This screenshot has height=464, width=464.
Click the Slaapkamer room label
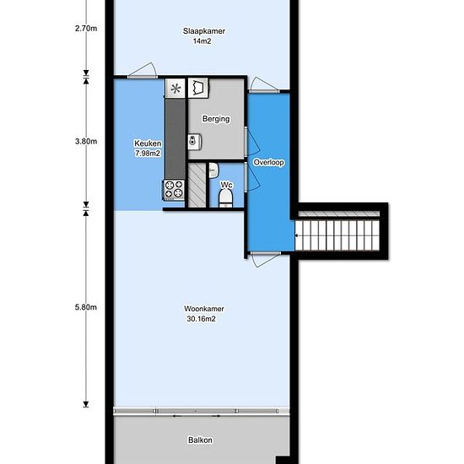coord(204,31)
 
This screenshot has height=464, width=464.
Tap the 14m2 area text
coord(202,41)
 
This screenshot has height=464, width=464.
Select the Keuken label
coord(148,143)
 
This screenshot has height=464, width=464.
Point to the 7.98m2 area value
coord(148,154)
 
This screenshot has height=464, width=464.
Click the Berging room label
coord(216,119)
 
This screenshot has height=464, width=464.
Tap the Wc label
coord(227,186)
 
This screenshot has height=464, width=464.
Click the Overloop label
coord(268,163)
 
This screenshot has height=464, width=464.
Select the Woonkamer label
coord(204,309)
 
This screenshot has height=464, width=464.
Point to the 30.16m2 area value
coord(202,319)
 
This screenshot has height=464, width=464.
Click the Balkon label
coord(200,440)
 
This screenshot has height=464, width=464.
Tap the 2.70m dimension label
coord(86,29)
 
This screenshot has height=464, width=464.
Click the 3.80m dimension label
coord(86,142)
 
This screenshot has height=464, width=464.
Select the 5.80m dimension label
coord(86,307)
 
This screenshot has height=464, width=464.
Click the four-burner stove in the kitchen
coord(174,189)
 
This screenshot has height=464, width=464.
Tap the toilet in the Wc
coord(226,198)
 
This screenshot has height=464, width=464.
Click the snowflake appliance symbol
coord(175,89)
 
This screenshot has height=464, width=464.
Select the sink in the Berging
coord(194,142)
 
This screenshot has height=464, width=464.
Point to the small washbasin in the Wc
coord(213,170)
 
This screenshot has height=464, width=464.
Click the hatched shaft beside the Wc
coord(197,185)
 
